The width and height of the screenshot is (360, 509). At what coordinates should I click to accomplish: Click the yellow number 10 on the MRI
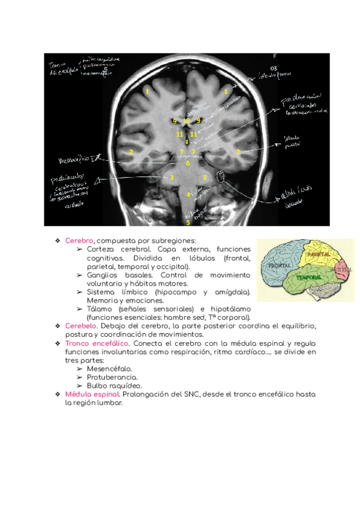click(x=186, y=121)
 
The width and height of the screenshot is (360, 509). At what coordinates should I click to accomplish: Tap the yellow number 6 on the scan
click(x=188, y=163)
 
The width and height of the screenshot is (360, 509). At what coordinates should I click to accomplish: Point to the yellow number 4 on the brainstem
click(x=188, y=194)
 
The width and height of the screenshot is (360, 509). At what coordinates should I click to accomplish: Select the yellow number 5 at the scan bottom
click(x=188, y=222)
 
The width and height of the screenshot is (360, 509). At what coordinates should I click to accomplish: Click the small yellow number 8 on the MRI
click(x=187, y=142)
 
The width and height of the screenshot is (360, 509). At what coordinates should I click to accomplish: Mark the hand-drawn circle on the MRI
click(x=220, y=176)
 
